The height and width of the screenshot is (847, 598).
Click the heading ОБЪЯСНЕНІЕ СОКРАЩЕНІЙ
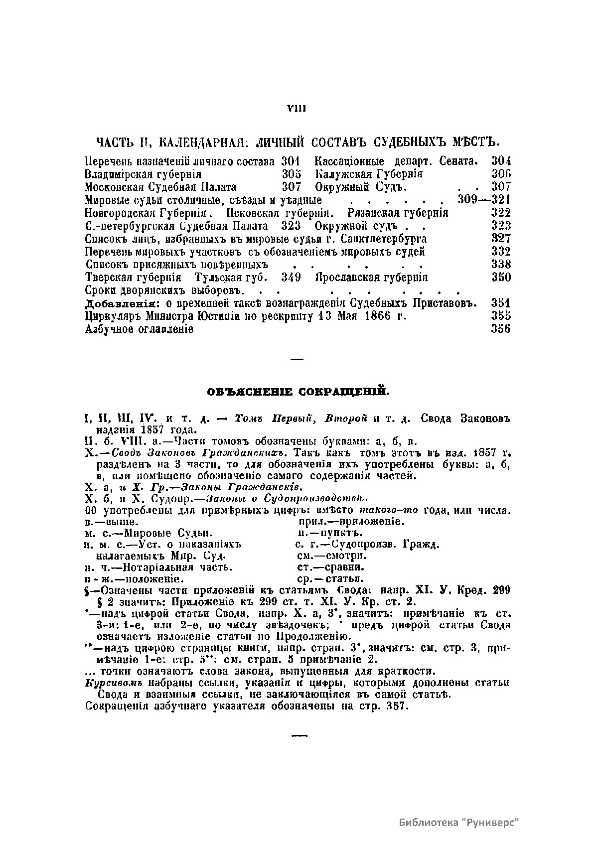click(298, 393)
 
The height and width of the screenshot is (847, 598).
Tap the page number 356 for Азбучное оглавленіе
click(501, 329)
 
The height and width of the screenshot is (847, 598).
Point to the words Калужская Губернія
click(369, 174)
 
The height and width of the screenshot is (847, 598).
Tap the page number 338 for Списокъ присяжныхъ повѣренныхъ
click(501, 264)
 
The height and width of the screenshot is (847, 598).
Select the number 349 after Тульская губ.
click(291, 277)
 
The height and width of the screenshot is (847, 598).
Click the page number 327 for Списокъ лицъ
click(501, 239)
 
